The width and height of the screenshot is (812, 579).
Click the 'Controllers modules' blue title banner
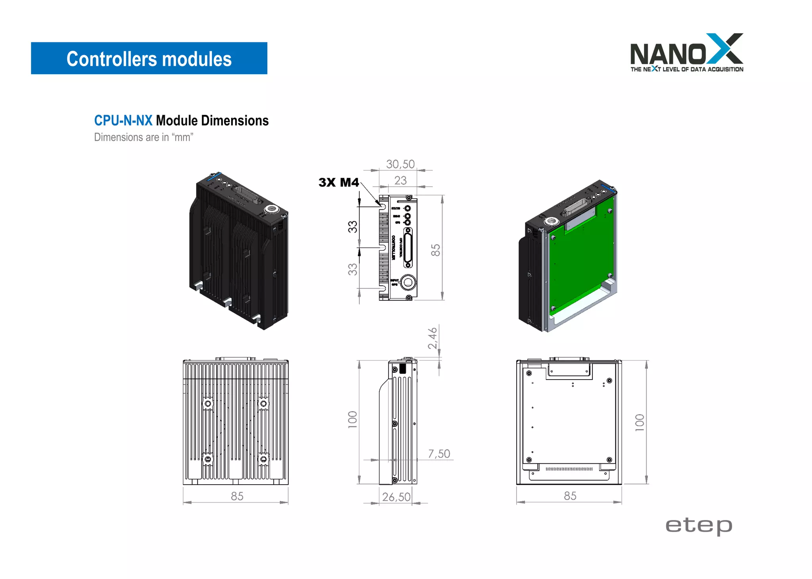point(149,58)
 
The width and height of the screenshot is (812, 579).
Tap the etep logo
point(699,526)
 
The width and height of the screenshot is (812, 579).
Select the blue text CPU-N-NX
point(123,121)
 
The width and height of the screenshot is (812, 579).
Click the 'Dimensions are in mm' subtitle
point(144,137)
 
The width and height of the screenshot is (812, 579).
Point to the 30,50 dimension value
point(400,164)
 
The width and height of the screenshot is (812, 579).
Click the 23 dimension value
point(400,181)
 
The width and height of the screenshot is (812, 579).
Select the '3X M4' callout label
point(338,182)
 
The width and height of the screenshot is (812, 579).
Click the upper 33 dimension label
point(352,227)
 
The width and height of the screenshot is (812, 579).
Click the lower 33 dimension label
point(352,269)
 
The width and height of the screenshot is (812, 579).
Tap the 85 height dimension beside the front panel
point(435,250)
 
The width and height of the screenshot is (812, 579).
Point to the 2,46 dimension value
point(433,338)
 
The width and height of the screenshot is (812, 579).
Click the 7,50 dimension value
point(439,454)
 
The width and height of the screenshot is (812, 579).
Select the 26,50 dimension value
point(396,497)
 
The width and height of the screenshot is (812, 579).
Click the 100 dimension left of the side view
point(352,420)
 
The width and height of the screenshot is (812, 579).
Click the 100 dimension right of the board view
point(639,422)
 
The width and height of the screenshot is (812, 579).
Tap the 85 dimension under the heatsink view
point(237,497)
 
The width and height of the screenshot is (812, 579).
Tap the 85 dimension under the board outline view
point(570,496)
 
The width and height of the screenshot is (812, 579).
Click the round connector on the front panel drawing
point(408,283)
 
